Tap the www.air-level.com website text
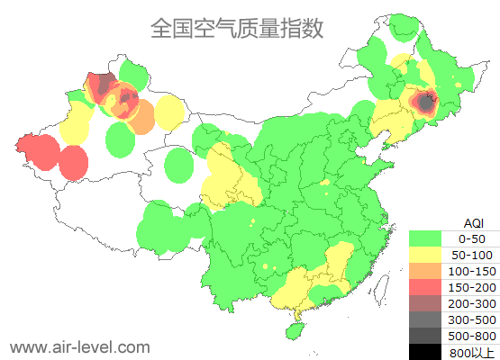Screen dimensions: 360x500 tap(79, 346)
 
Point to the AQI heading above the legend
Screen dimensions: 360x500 tap(473, 222)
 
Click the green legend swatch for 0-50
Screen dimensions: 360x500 tap(425, 238)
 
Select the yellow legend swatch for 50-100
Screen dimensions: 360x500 tap(425, 255)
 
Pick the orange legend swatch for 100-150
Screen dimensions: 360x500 tap(425, 271)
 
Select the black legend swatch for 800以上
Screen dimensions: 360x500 tap(425, 352)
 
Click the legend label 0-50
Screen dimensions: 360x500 tap(471, 238)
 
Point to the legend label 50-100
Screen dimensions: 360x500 tap(471, 255)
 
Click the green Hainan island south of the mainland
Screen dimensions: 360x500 tap(292, 331)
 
